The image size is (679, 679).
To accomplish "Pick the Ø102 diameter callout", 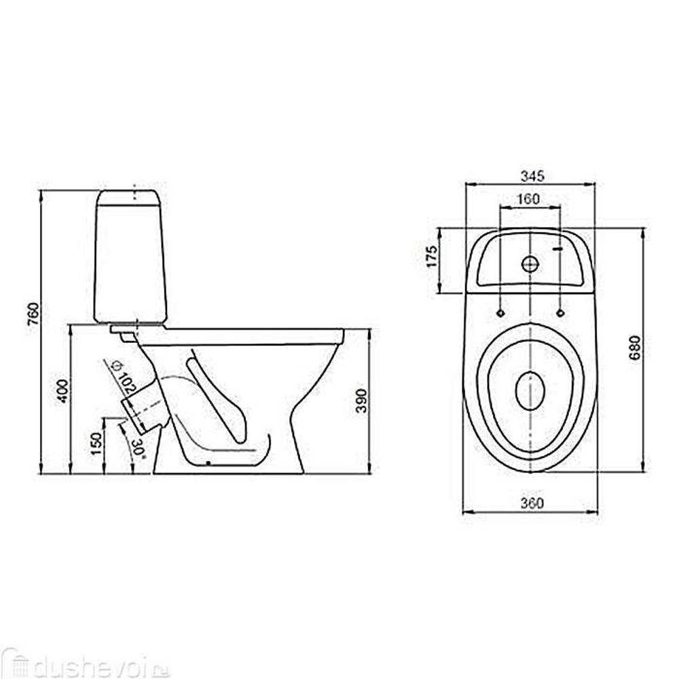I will click(x=122, y=378).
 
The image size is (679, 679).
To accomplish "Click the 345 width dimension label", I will click(x=532, y=176).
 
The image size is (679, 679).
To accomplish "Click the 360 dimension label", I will click(x=532, y=503).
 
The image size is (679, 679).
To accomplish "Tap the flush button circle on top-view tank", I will click(x=530, y=263).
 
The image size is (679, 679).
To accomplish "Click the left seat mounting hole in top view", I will click(x=500, y=313).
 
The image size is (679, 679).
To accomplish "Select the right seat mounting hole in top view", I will click(x=560, y=313).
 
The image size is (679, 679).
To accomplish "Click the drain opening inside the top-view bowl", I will click(x=530, y=391).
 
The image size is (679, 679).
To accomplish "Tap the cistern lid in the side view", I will click(x=129, y=198).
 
